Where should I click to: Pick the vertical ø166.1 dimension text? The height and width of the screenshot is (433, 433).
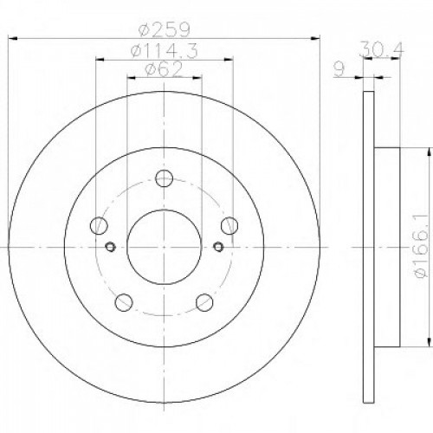point(419,247)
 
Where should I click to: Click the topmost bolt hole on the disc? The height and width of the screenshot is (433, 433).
point(165,179)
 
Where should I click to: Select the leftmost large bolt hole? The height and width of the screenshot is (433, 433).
point(101,226)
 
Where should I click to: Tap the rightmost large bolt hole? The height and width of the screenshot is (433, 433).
point(229,226)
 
